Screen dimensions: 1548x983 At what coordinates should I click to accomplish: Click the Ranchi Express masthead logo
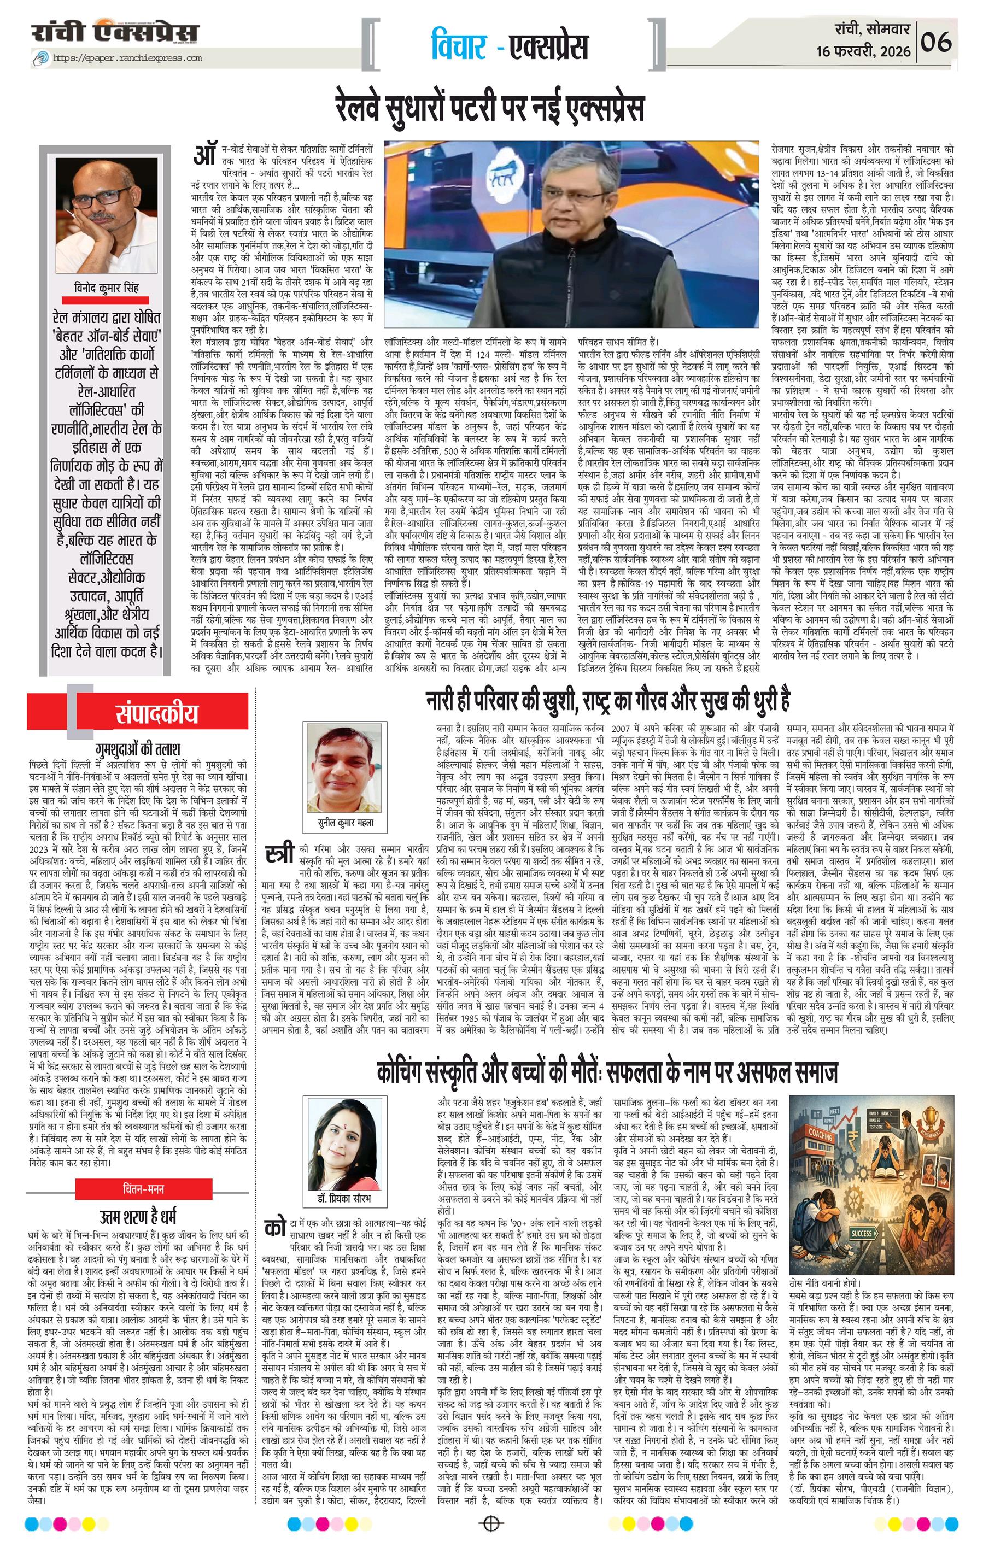116,32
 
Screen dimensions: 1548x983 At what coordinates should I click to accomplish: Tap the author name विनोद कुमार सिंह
106,288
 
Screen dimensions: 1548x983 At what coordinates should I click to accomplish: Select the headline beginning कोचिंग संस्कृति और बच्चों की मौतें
607,1073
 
